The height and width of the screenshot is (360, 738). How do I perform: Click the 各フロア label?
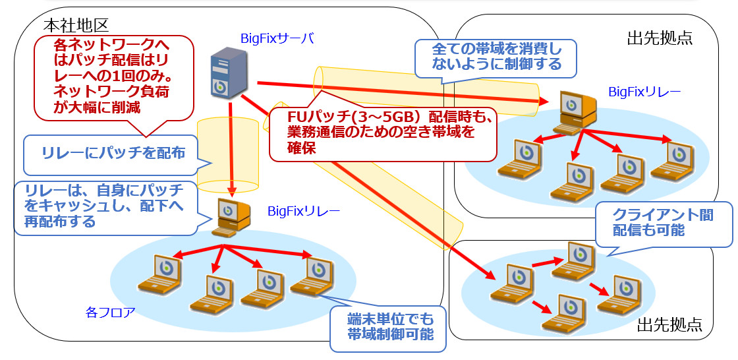click(x=110, y=311)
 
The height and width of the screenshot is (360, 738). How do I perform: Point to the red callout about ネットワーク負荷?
click(x=113, y=77)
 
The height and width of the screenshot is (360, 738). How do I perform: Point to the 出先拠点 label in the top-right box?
click(x=660, y=37)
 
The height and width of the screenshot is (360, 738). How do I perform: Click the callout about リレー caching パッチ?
click(x=104, y=204)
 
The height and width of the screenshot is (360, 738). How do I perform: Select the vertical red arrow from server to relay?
click(x=232, y=145)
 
